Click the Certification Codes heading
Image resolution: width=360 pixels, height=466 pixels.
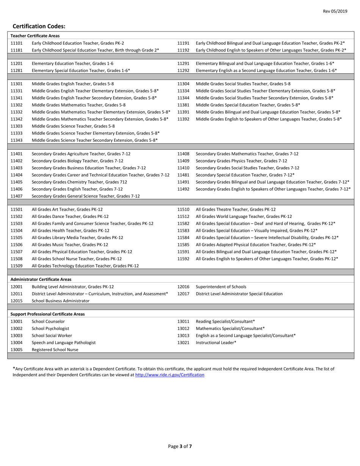pyautogui.click(x=39, y=27)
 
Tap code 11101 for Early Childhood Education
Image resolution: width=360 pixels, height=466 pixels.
pyautogui.click(x=17, y=43)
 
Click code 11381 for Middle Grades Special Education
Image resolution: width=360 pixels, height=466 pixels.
pyautogui.click(x=183, y=105)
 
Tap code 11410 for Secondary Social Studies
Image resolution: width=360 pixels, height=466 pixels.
pyautogui.click(x=183, y=167)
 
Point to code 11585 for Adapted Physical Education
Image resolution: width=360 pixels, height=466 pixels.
pyautogui.click(x=183, y=244)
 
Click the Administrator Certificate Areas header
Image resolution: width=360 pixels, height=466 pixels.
pyautogui.click(x=41, y=279)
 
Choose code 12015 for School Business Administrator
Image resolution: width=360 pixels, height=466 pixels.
pyautogui.click(x=17, y=300)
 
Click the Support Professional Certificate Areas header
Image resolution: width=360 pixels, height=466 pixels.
pyautogui.click(x=47, y=314)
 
